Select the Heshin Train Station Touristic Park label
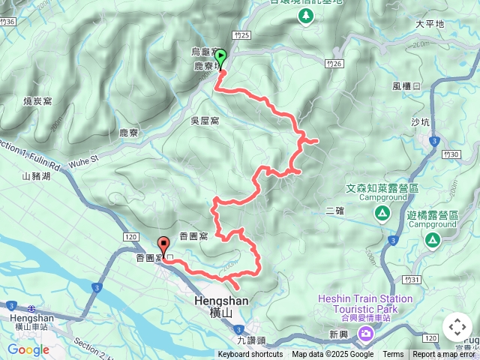tap(365, 303)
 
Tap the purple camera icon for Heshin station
tap(366, 333)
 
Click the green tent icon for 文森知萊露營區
tap(382, 214)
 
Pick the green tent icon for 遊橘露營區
tap(432, 240)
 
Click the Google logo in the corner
tap(28, 349)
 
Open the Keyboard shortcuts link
tap(250, 355)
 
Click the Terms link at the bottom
tap(393, 355)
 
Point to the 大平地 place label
tap(430, 24)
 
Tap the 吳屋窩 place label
tap(205, 120)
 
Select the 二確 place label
tap(334, 211)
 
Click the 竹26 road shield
tap(334, 63)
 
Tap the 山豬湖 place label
tap(36, 177)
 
